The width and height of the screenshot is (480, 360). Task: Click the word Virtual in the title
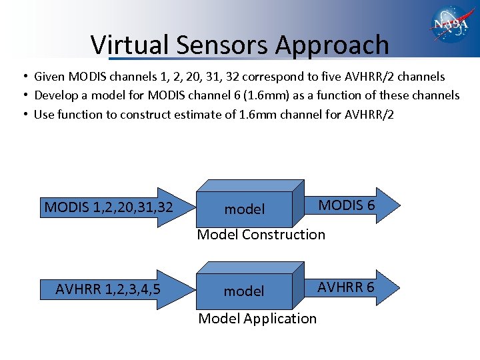point(131,45)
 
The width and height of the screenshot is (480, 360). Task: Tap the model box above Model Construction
point(245,208)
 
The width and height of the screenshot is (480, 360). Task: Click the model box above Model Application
point(245,291)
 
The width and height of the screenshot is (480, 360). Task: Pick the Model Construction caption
point(261,235)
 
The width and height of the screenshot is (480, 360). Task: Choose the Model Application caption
point(257,319)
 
